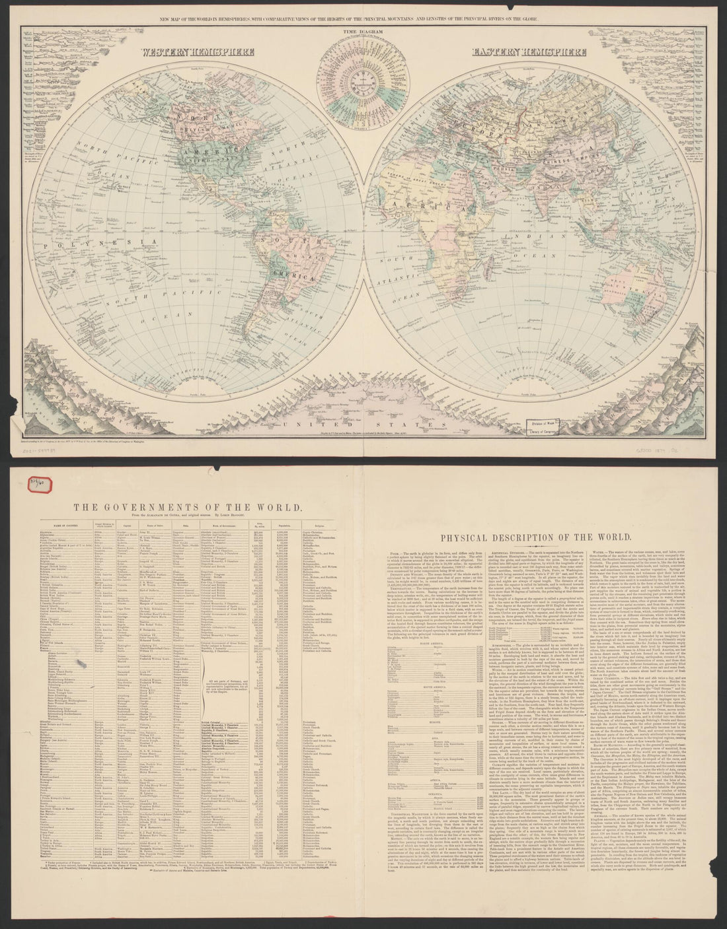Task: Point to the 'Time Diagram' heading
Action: point(362,30)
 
